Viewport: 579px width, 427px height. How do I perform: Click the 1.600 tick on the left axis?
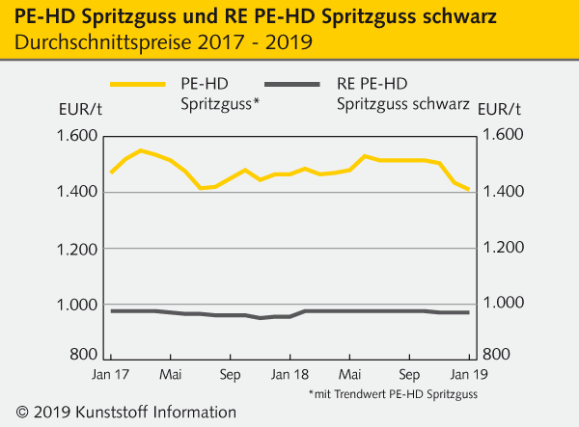[x=69, y=136]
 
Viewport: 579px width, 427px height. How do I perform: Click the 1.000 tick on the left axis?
[x=69, y=306]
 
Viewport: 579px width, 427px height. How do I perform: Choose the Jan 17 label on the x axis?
[x=112, y=373]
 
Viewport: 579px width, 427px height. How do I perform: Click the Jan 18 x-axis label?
[x=290, y=373]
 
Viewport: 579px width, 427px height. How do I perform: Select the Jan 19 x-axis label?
[x=468, y=373]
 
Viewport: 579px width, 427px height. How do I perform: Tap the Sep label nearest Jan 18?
[x=231, y=373]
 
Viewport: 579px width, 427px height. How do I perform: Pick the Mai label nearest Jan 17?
[x=171, y=373]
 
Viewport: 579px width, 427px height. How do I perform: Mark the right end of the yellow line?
[x=469, y=190]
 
